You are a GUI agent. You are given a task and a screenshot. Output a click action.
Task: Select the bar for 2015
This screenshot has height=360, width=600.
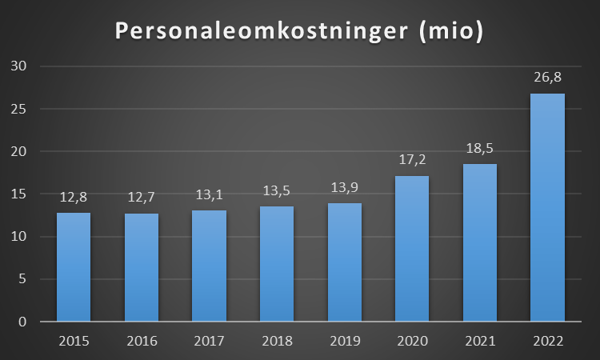coord(74,267)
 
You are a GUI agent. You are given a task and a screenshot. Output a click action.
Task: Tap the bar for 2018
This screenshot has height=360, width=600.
coord(276,264)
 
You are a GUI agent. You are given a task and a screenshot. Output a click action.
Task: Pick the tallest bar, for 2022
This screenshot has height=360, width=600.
coord(548,208)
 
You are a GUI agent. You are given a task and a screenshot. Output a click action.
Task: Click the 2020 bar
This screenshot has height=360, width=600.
coord(412,249)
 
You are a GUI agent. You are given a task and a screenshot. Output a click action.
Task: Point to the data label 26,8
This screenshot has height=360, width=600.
coord(548,78)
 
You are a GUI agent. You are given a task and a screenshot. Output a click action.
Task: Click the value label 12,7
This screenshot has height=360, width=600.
coord(142,198)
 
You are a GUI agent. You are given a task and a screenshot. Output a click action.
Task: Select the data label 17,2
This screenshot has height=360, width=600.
coord(412,160)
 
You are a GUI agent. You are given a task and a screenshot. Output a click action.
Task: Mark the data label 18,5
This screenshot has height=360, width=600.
coord(480,149)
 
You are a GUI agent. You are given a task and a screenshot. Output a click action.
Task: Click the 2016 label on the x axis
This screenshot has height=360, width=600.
coord(142,341)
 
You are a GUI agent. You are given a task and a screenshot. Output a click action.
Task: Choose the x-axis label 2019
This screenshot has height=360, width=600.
coord(344,341)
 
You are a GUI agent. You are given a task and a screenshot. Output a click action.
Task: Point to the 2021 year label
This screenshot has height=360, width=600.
coord(480,341)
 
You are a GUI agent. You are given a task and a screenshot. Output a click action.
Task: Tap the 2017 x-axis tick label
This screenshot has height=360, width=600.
coord(209,341)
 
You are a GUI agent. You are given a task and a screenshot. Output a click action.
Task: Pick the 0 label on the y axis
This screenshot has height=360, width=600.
coord(22,322)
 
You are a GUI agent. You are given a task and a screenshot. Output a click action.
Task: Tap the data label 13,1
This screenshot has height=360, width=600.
coord(209,195)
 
